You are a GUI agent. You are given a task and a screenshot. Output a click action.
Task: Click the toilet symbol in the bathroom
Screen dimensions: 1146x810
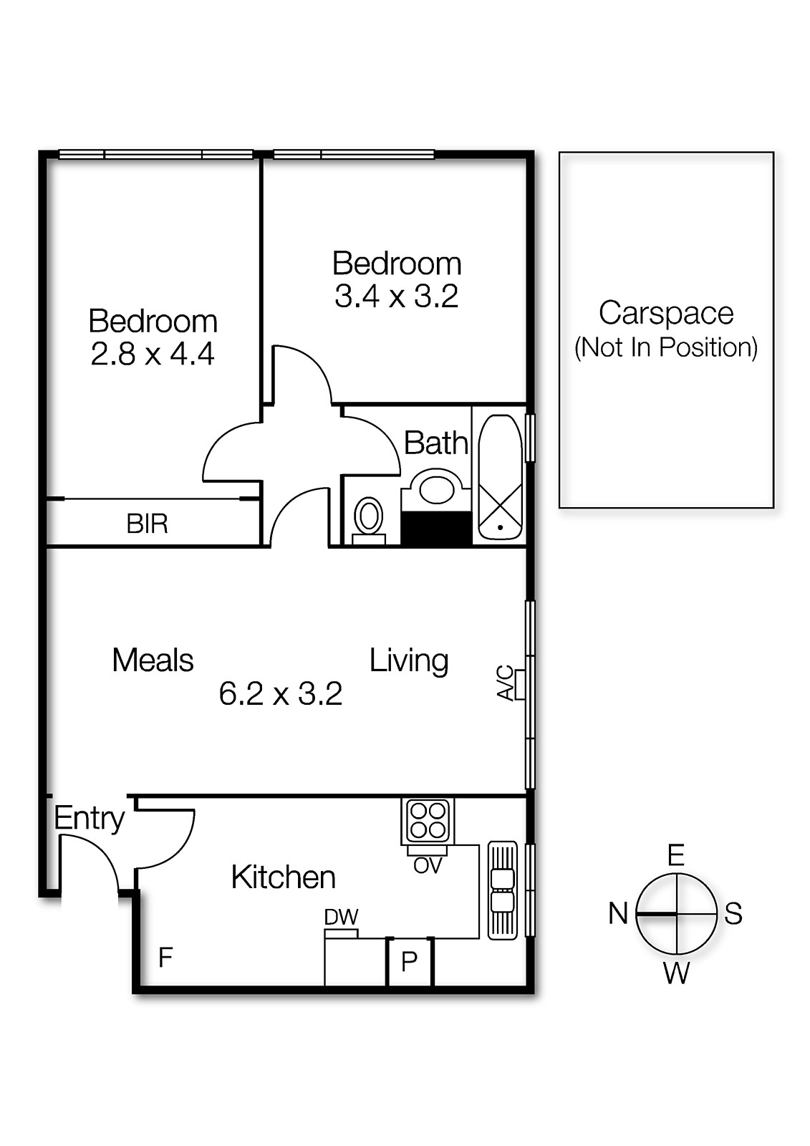click(369, 517)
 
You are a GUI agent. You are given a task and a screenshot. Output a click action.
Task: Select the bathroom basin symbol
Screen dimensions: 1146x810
click(436, 489)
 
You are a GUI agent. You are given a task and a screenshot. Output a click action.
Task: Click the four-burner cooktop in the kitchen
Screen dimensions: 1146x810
click(428, 821)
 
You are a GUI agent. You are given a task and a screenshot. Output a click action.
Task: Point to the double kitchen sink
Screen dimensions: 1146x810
click(502, 890)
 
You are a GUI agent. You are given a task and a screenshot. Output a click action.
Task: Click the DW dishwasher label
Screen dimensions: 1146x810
click(341, 918)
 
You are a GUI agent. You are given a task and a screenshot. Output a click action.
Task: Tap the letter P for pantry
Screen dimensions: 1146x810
click(410, 961)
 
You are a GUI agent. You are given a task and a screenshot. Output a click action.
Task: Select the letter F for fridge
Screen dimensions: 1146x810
click(165, 957)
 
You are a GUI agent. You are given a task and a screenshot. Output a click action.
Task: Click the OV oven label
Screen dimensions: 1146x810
click(428, 866)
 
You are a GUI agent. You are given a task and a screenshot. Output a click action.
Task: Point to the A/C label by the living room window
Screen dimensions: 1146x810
click(506, 683)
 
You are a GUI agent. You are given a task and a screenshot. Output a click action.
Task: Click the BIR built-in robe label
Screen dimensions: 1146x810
click(147, 524)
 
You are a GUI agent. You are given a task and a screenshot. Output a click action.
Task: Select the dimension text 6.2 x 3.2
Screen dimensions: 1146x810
click(280, 694)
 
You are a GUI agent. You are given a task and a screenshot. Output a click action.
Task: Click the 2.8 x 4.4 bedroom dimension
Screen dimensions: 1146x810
click(153, 355)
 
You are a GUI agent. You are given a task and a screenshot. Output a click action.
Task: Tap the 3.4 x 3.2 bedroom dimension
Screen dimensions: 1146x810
click(396, 297)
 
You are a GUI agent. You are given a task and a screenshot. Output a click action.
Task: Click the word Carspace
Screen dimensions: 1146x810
click(666, 313)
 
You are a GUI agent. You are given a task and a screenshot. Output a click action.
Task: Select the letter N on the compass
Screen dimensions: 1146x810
click(618, 914)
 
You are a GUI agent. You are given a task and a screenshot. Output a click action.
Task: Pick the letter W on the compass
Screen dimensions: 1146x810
click(676, 973)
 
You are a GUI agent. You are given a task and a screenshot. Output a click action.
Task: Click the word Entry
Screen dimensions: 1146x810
click(90, 819)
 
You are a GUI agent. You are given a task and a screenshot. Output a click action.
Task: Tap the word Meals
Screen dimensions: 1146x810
click(153, 660)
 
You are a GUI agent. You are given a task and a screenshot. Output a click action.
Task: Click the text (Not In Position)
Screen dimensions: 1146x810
click(666, 347)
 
